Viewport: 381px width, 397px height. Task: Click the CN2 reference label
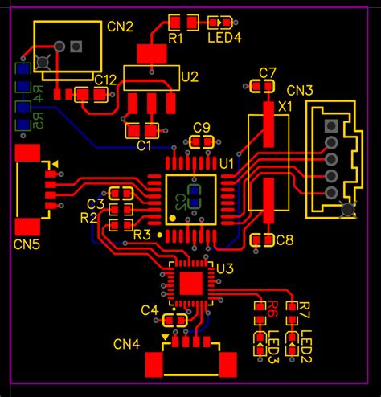(120, 27)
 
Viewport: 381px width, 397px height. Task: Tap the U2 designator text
(190, 77)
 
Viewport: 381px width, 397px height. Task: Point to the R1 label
(175, 38)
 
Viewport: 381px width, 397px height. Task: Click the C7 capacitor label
(268, 72)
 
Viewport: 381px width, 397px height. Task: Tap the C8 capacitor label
(285, 239)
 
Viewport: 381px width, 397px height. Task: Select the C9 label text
(202, 127)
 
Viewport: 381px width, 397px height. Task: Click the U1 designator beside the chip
(227, 163)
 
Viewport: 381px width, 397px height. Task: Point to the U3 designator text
(224, 268)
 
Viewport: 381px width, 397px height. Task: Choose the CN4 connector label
(126, 344)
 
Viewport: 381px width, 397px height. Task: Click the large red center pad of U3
(191, 284)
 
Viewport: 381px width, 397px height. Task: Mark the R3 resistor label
(141, 234)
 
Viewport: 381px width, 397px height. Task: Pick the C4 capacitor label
(150, 309)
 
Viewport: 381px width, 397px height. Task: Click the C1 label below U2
(144, 145)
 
